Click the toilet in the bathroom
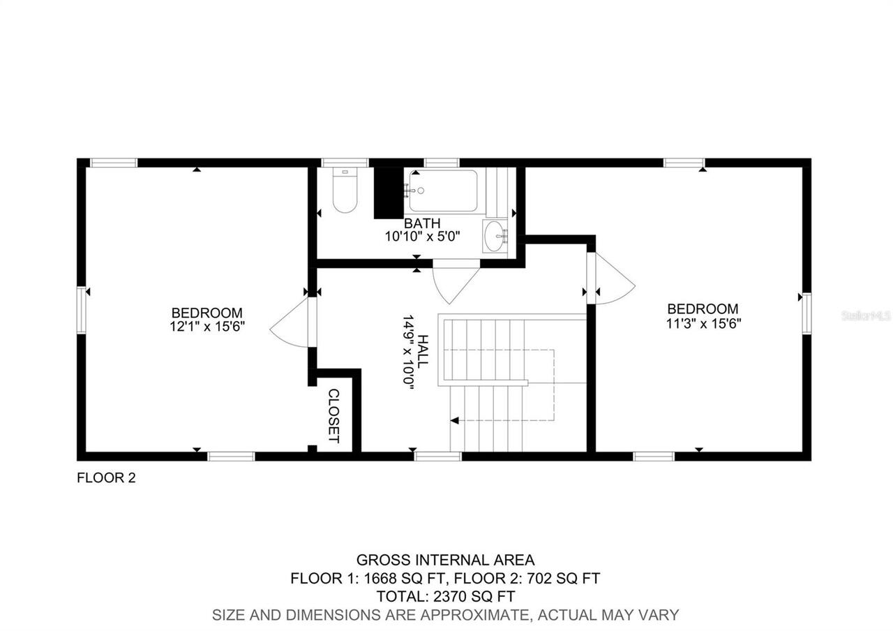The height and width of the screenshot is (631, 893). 345,192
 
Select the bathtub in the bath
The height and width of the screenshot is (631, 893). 443,191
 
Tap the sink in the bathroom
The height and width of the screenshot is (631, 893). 495,235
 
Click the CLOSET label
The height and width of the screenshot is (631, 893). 333,416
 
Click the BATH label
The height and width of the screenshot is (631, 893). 422,223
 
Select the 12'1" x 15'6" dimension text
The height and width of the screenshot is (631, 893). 207,326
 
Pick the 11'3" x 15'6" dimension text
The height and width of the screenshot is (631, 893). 703,322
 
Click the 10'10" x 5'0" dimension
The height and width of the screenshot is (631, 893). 422,237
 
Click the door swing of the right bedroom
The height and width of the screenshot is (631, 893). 613,279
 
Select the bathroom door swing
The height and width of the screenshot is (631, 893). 455,281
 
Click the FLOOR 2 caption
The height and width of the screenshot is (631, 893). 106,478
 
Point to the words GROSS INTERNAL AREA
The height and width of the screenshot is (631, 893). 446,560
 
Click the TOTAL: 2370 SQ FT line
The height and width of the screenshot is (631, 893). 446,597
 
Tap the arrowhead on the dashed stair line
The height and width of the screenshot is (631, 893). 455,421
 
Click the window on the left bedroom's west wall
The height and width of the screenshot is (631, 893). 82,309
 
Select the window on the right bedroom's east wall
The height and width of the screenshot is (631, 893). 806,313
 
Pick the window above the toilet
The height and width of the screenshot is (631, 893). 345,163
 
